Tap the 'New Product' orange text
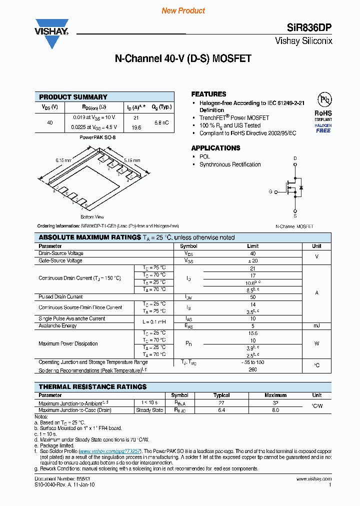tap(183, 10)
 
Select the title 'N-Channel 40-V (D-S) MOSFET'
tap(183, 59)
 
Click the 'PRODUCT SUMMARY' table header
tap(73, 97)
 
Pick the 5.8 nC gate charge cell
tap(161, 122)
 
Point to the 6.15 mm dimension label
tap(63, 160)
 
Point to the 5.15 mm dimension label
tap(132, 159)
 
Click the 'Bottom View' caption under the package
tap(92, 217)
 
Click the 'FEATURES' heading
tap(208, 94)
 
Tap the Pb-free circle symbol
tap(323, 99)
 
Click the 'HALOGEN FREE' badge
tap(323, 127)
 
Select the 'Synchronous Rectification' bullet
tap(230, 164)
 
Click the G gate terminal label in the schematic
tap(270, 191)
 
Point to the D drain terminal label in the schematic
tap(295, 158)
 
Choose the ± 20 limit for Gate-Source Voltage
tap(252, 260)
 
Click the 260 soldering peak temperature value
tap(252, 370)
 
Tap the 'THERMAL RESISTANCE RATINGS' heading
tap(92, 387)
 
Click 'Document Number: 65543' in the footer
tap(62, 478)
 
